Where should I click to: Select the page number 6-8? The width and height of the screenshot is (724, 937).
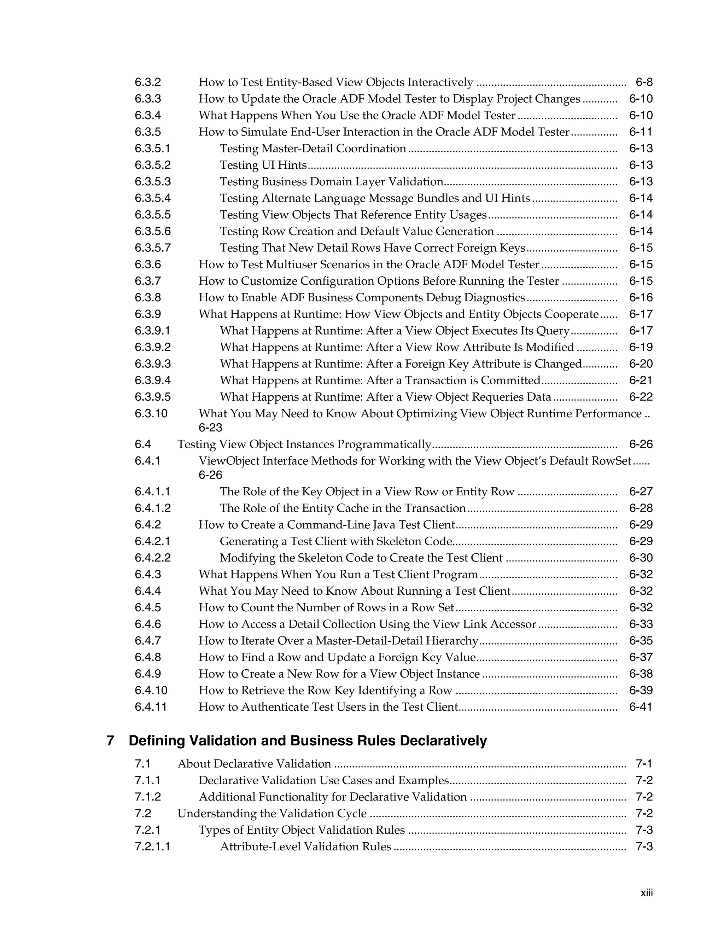click(644, 82)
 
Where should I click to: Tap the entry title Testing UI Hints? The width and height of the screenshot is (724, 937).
click(263, 165)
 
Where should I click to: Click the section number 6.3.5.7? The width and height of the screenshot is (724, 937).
click(152, 248)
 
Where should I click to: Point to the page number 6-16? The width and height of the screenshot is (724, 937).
click(641, 298)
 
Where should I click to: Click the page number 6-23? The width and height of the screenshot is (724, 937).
click(210, 428)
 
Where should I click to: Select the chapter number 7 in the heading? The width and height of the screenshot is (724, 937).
click(110, 741)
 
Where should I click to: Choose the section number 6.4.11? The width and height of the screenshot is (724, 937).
click(151, 707)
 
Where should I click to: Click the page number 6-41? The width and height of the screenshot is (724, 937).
click(641, 707)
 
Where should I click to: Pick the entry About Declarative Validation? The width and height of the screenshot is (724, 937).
click(254, 764)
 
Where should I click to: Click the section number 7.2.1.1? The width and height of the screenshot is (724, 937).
click(152, 847)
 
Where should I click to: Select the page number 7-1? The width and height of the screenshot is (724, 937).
click(644, 764)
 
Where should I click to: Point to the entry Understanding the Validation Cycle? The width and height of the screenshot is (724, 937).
click(272, 814)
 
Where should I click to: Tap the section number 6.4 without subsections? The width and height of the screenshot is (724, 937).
click(143, 444)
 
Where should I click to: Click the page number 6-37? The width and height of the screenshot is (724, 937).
click(641, 657)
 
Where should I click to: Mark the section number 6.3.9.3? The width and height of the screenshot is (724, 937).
click(152, 364)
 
